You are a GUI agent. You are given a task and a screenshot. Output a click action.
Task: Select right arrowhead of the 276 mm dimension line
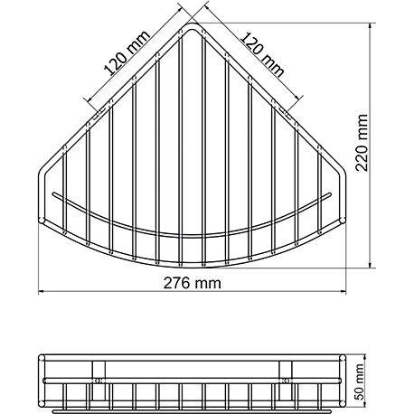point(347,291)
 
